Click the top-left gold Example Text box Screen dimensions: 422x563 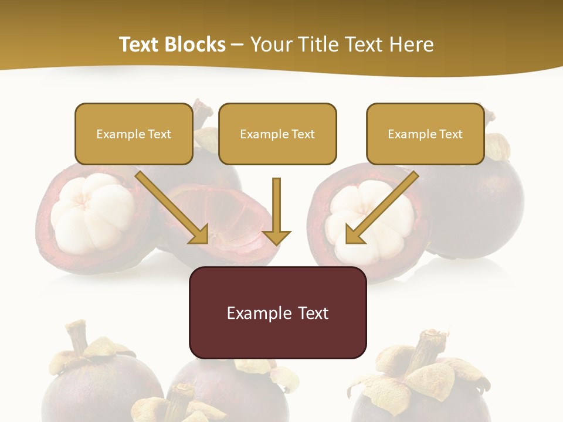(134, 134)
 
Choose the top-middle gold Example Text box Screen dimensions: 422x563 (277, 134)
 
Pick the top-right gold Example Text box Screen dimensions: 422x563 (425, 134)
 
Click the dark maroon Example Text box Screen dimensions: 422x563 (277, 312)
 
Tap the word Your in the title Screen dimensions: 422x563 (270, 45)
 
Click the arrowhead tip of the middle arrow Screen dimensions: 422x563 (276, 243)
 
